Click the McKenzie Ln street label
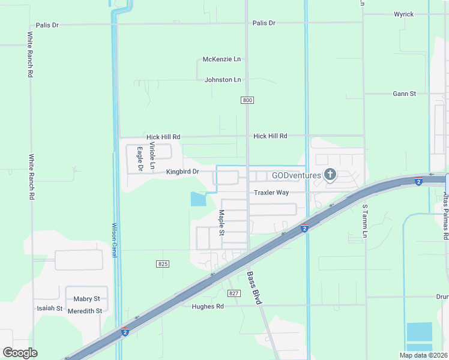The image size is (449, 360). [x=221, y=59]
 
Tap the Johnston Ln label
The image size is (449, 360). [x=223, y=80]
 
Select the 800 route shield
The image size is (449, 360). [x=247, y=100]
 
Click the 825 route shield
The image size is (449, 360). [x=163, y=264]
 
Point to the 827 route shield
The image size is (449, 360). [x=234, y=293]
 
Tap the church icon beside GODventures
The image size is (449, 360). [x=330, y=175]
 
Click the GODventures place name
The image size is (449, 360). [x=296, y=176]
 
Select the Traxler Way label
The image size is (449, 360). [x=271, y=193]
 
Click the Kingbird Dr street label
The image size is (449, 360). [x=182, y=172]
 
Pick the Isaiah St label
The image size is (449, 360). [x=50, y=308]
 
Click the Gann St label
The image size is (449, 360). [x=404, y=94]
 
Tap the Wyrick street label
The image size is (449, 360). [x=403, y=14]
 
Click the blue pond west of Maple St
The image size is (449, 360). [x=198, y=199]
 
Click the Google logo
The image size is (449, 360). [x=20, y=352]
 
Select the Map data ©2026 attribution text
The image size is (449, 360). [x=423, y=355]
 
